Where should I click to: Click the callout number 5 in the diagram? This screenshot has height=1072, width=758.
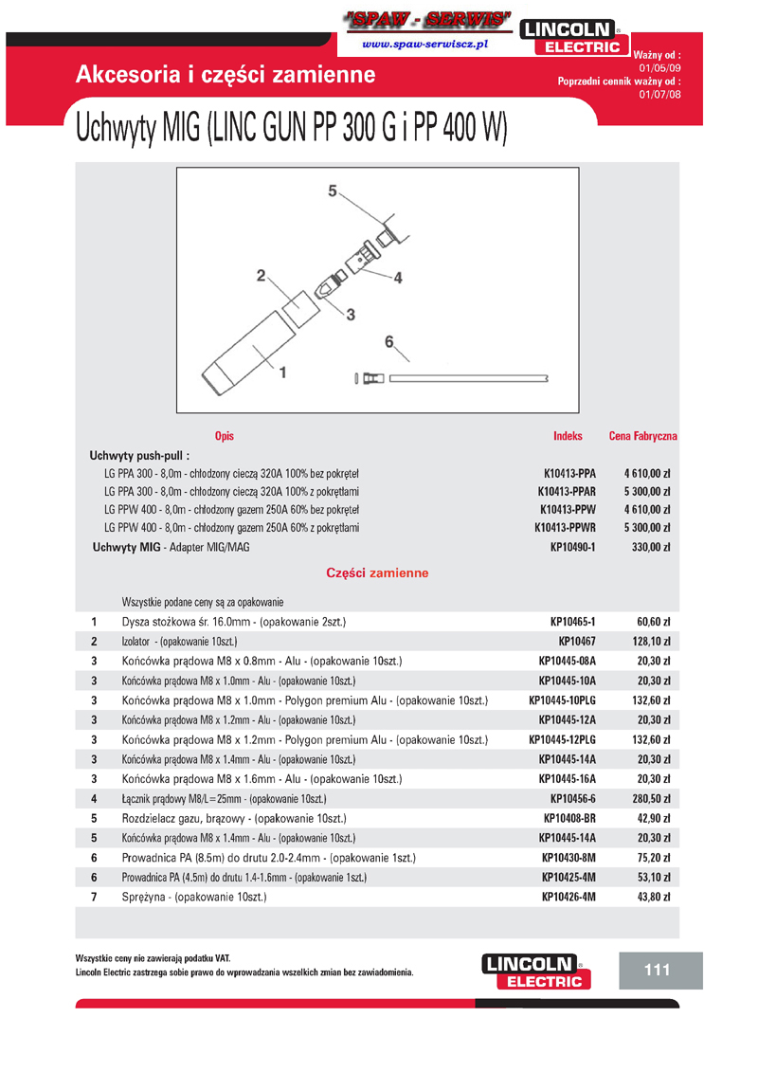333,191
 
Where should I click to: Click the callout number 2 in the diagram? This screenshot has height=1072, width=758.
261,276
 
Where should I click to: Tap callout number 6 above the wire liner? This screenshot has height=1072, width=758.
388,340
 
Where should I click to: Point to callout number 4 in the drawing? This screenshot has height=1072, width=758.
398,278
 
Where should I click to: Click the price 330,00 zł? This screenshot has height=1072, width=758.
651,547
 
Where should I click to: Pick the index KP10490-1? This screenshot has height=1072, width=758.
572,547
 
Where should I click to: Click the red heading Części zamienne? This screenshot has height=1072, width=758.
377,573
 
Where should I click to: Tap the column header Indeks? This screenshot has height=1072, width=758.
568,436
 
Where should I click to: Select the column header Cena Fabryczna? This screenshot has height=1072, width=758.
642,436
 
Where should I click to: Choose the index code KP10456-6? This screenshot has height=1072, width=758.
572,799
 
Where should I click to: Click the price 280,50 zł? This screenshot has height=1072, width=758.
651,799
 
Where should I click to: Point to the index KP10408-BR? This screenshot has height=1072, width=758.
569,818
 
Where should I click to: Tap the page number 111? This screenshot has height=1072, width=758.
657,970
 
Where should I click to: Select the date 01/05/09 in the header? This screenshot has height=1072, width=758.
659,69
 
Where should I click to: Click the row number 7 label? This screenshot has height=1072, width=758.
94,896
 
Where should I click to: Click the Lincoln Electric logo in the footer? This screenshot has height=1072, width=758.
534,971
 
